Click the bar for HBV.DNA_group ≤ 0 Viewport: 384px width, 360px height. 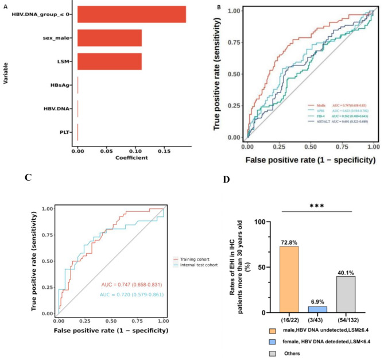click(x=131, y=14)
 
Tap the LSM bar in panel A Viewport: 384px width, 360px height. click(x=109, y=61)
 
